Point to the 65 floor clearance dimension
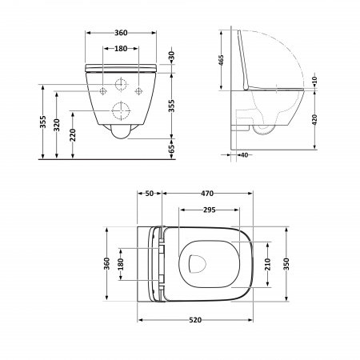[x=171, y=149]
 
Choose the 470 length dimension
[x=208, y=193]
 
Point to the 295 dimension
[x=209, y=210]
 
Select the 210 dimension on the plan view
[x=269, y=263]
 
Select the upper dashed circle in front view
[x=122, y=85]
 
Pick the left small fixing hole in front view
[x=102, y=91]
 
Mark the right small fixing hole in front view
[x=141, y=91]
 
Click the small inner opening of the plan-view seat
[x=196, y=262]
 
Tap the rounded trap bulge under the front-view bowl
[x=122, y=131]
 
